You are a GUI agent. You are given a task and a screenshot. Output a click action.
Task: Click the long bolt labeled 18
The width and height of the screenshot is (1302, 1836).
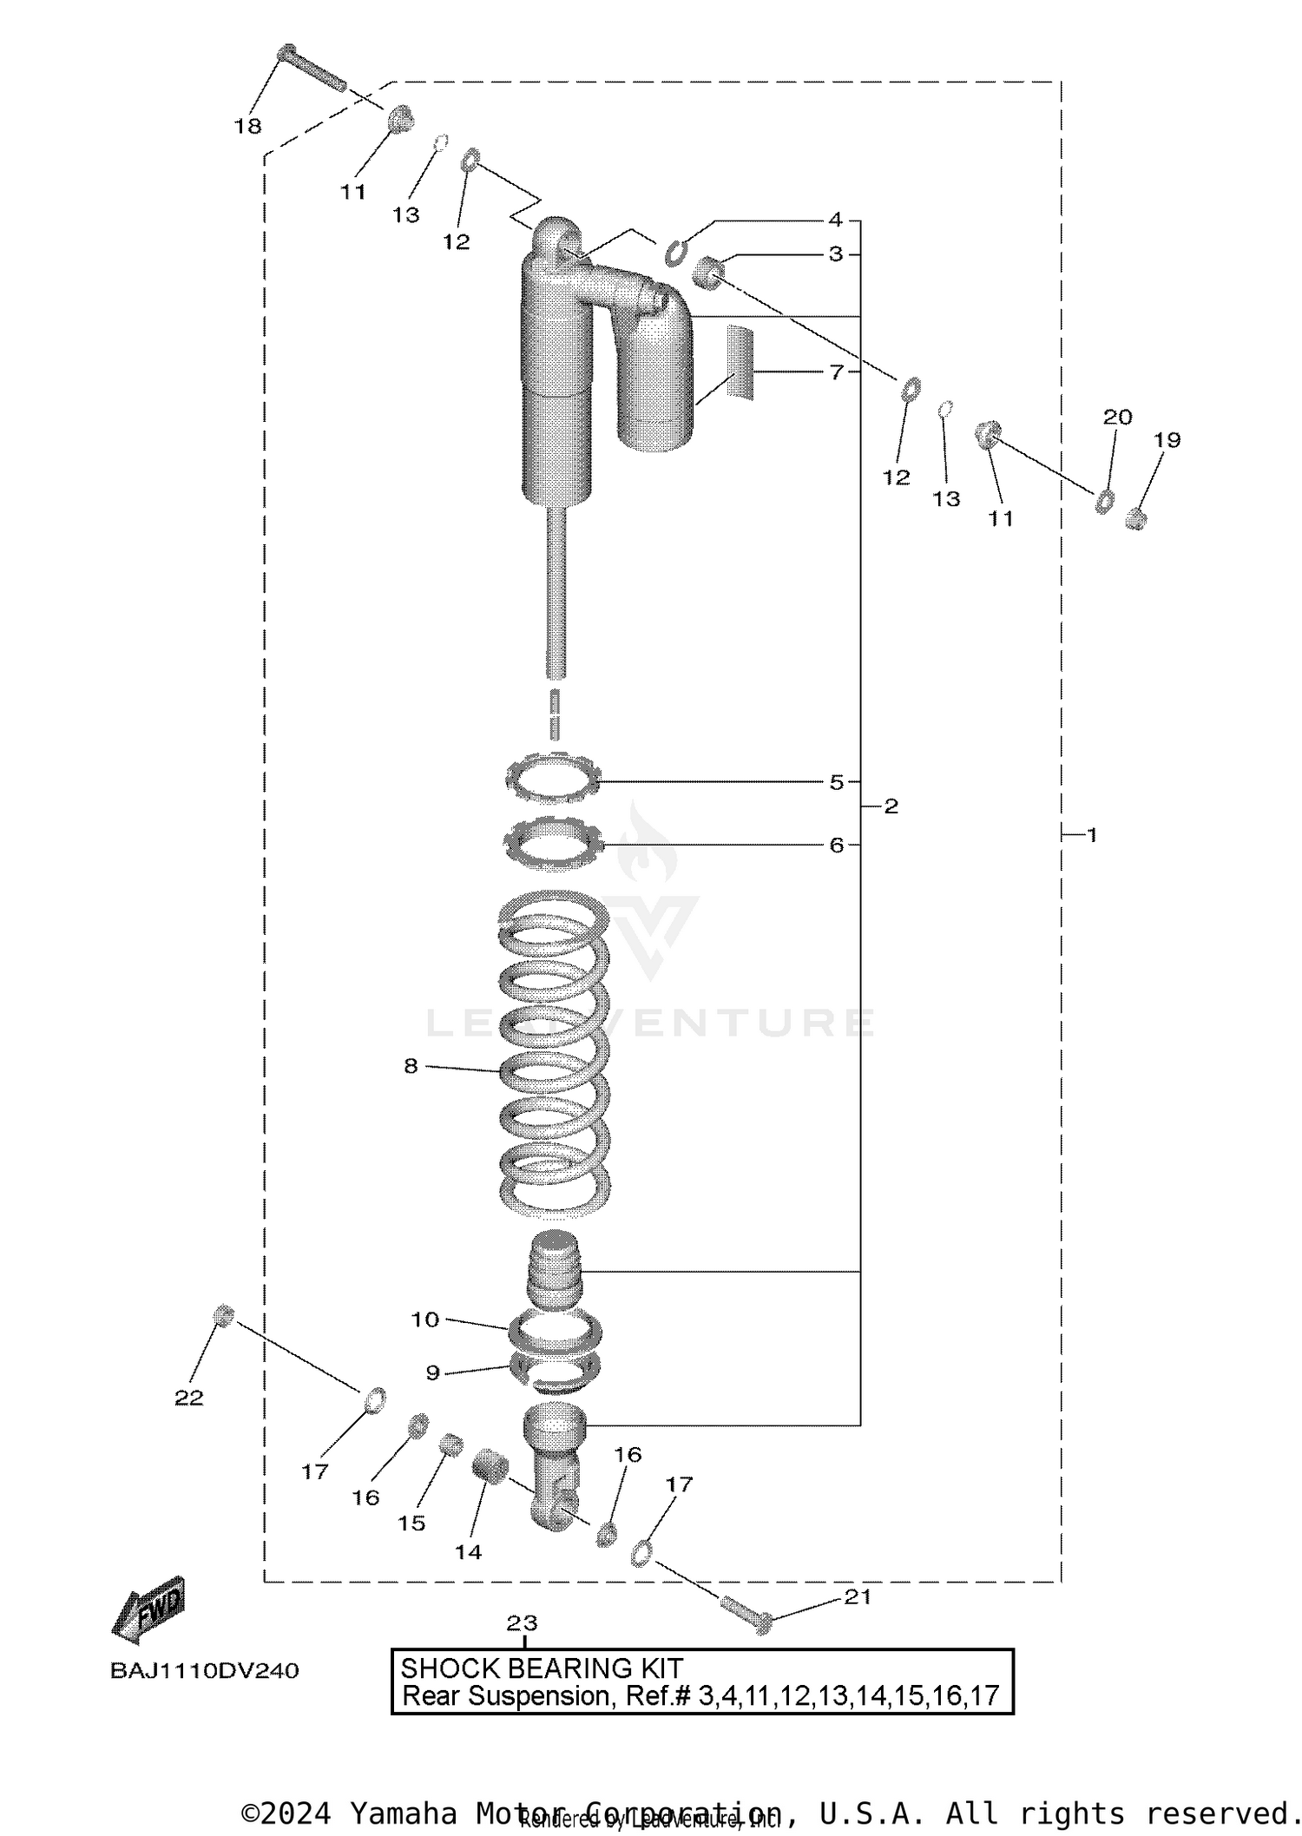[312, 69]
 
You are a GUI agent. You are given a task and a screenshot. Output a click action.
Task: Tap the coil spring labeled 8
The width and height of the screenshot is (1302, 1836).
[554, 1050]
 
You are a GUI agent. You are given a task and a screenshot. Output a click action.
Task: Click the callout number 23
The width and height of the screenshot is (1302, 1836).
[522, 1622]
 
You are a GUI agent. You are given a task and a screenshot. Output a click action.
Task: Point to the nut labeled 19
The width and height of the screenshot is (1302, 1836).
[1135, 519]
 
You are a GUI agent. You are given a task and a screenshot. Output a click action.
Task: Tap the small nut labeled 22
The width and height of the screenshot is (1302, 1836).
[224, 1315]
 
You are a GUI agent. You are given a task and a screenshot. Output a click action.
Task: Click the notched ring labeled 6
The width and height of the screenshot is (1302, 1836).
[553, 841]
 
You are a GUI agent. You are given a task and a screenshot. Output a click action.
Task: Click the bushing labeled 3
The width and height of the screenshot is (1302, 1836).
[708, 273]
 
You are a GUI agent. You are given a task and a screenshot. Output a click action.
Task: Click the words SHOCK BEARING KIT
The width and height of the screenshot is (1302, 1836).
[541, 1668]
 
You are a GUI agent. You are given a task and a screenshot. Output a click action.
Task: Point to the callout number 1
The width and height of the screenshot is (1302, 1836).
[1092, 835]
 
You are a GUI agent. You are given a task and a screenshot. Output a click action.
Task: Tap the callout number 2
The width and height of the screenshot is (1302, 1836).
[891, 806]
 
